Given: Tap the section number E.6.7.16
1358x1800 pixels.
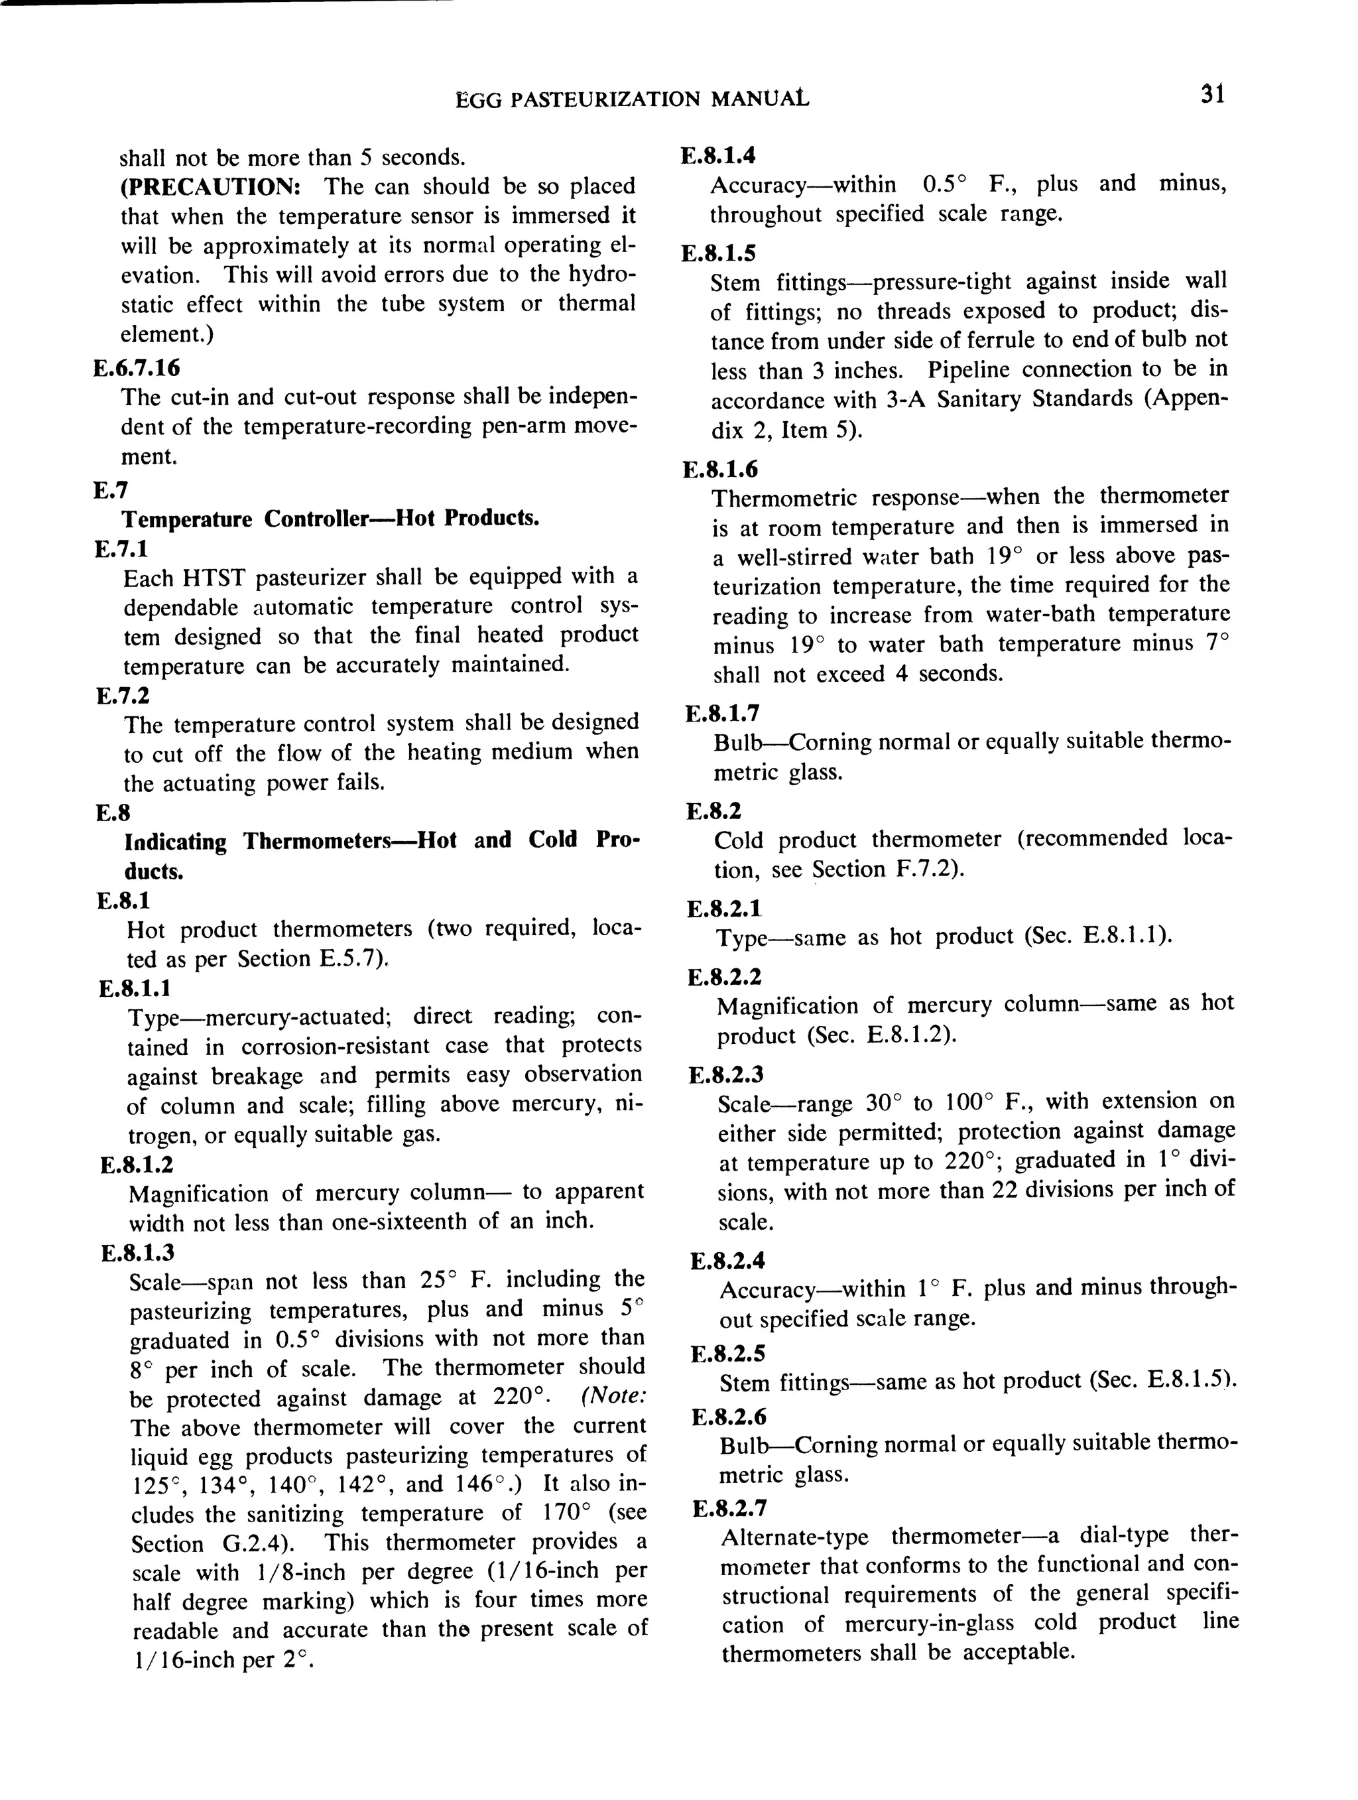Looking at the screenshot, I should click(137, 368).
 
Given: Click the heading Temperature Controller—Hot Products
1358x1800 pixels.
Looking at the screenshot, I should click(330, 519).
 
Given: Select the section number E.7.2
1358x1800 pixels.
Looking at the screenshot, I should click(123, 696).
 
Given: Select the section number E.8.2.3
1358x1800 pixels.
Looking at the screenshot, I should click(726, 1075).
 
